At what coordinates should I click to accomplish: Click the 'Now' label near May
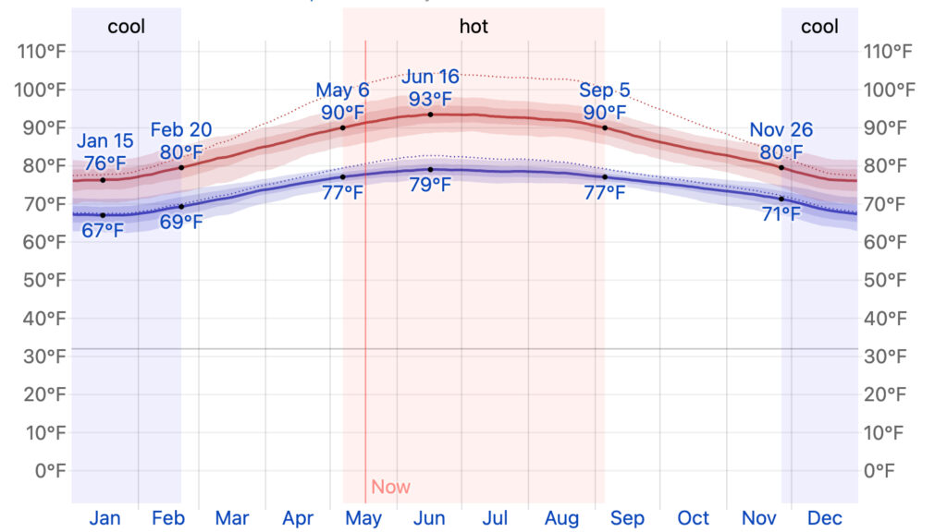click(x=390, y=487)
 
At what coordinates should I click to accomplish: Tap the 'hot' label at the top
click(x=473, y=26)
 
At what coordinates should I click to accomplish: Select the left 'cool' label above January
click(x=127, y=26)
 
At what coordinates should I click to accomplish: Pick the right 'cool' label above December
click(x=819, y=26)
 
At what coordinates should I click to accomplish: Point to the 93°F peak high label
click(x=430, y=98)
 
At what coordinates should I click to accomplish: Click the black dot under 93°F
click(x=430, y=115)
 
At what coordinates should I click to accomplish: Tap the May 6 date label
click(x=342, y=91)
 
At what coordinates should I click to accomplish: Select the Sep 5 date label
click(x=605, y=91)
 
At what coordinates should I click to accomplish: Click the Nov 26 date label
click(x=781, y=130)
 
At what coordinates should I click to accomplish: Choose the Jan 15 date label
click(x=105, y=141)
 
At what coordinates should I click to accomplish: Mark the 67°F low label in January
click(x=102, y=231)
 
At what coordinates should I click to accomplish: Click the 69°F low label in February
click(x=181, y=223)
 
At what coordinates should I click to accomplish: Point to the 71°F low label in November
click(x=781, y=215)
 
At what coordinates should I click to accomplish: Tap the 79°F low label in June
click(x=430, y=185)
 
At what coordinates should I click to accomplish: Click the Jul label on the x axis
click(x=495, y=518)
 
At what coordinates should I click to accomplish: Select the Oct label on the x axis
click(x=693, y=518)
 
